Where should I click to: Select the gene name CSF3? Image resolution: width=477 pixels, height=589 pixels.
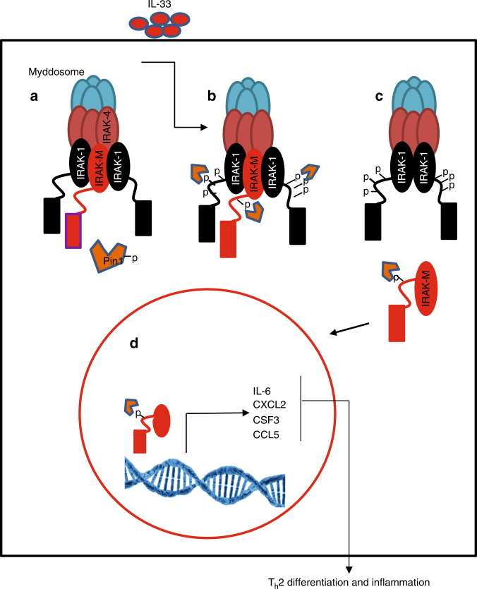[x=265, y=420]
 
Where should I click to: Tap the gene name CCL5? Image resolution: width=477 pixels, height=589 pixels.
[x=265, y=435]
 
